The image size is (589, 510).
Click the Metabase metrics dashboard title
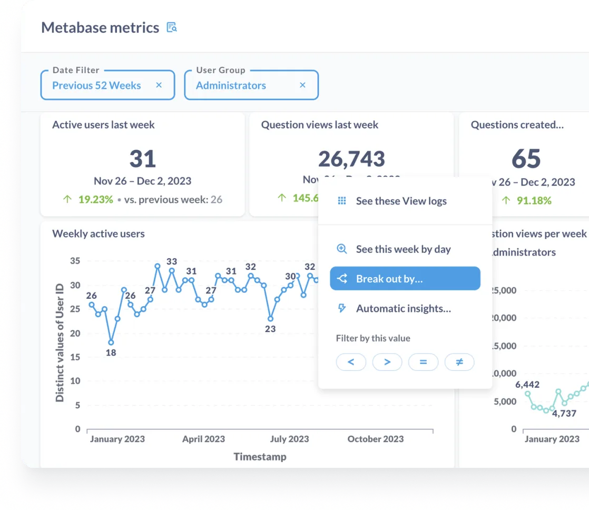point(100,27)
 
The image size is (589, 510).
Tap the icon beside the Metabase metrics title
point(172,27)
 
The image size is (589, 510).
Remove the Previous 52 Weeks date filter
point(159,85)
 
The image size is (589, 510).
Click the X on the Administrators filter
point(302,85)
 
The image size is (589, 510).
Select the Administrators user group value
point(231,85)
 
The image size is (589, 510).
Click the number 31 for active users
point(142,159)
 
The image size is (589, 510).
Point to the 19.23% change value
point(95,200)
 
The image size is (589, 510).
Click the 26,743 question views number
point(351,159)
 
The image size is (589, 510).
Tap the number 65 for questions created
point(526,159)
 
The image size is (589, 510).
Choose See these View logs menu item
point(401,201)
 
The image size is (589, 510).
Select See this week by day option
point(403,249)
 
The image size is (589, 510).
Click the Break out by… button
point(405,279)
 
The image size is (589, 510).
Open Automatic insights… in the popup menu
point(403,308)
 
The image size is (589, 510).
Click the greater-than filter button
point(387,362)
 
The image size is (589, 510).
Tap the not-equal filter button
point(459,362)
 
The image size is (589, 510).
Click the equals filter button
point(423,362)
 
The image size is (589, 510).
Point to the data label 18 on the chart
point(111,352)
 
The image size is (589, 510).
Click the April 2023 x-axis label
point(203,439)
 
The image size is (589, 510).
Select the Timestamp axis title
point(260,456)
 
